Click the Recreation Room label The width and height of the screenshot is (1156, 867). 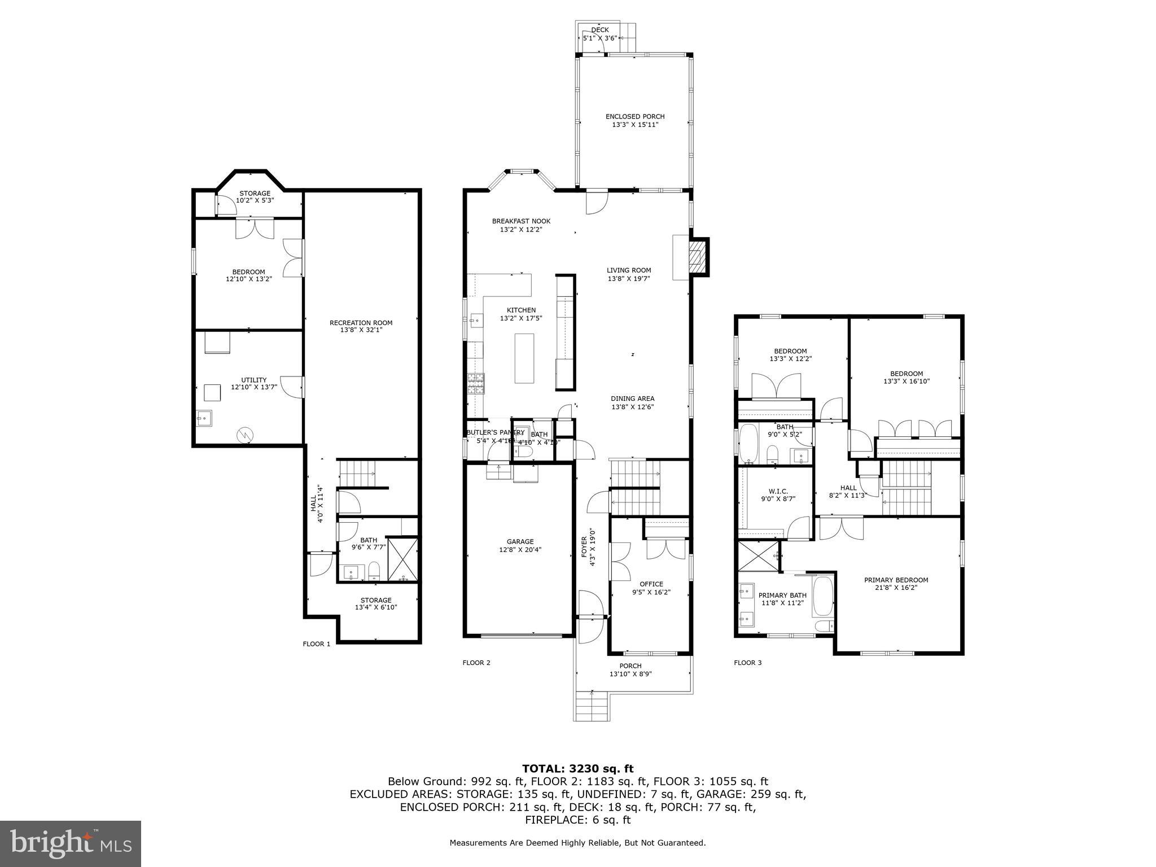[361, 323]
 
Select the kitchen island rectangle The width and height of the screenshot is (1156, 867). [524, 358]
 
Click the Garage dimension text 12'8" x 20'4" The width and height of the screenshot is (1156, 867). [520, 550]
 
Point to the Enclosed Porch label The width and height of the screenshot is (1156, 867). [635, 116]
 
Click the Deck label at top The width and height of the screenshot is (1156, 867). [599, 30]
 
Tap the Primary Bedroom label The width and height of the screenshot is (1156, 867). [896, 580]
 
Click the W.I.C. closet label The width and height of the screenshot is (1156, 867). [778, 491]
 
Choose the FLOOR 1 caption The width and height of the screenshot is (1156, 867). [317, 644]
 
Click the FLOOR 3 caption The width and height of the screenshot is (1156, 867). [747, 663]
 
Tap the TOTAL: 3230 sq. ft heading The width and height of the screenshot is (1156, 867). [577, 769]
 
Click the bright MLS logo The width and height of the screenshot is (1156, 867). [71, 844]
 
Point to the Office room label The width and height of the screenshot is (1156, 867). [651, 584]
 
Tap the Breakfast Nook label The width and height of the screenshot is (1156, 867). [521, 221]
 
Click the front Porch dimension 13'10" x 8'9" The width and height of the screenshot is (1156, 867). [630, 674]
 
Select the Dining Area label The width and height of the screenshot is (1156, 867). [632, 399]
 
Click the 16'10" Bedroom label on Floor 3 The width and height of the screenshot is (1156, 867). [907, 374]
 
